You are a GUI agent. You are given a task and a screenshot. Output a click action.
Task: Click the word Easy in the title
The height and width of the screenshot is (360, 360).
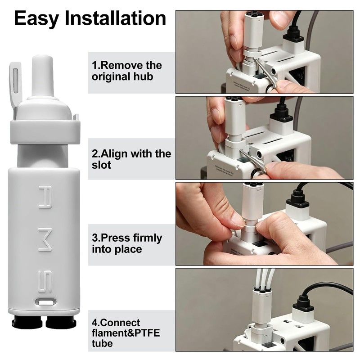coord(37,19)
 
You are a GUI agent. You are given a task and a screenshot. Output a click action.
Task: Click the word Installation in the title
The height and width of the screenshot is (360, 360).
coord(115,18)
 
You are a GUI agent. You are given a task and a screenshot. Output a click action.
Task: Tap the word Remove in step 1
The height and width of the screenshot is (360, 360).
coord(120,65)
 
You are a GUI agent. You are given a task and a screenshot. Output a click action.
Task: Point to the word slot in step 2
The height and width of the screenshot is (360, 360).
coord(102,165)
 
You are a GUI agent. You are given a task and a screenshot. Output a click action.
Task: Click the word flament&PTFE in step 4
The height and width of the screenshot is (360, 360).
coord(126,333)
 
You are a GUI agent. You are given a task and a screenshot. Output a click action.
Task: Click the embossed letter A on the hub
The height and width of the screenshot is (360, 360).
coord(45,197)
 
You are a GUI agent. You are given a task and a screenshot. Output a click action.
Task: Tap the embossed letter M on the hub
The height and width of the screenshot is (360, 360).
coord(45,241)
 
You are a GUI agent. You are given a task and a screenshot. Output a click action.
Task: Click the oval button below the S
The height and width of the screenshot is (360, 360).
coord(45,302)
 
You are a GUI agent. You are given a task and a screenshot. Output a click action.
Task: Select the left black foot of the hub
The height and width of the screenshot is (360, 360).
coord(27,322)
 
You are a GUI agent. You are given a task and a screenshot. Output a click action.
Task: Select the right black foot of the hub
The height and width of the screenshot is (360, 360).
coord(61,322)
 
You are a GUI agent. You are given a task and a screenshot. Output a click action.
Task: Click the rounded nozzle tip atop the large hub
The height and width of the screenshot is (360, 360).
coord(43,76)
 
